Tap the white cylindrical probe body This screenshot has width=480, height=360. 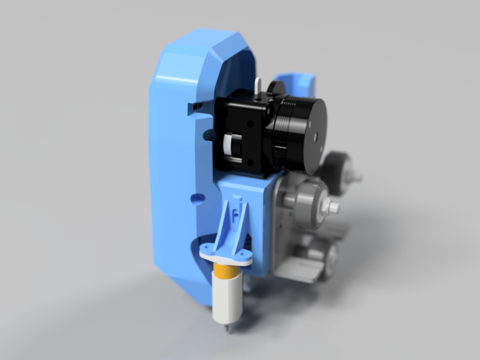[227, 301]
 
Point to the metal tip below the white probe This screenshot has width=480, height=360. [227, 329]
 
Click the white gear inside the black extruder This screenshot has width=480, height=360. [228, 146]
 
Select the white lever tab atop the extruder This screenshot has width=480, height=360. [260, 86]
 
